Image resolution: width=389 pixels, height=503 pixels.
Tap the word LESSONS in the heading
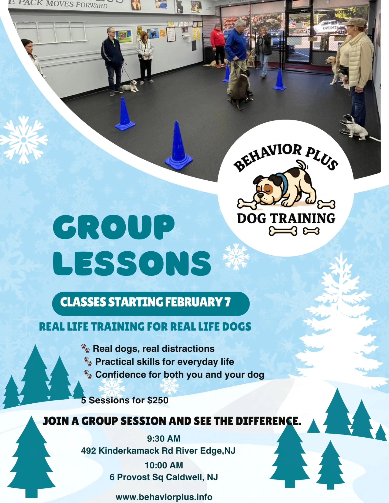(132, 263)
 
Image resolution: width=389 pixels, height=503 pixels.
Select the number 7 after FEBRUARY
(227, 302)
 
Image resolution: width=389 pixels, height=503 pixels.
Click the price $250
(158, 400)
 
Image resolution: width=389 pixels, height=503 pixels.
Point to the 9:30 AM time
(164, 438)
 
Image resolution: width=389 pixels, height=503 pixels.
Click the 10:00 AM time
(164, 465)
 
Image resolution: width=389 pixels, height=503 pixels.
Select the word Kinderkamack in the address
(129, 451)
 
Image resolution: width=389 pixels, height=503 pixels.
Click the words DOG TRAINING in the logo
(286, 218)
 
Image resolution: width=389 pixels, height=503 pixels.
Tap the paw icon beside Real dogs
(85, 348)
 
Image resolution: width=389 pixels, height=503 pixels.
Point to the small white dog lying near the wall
(130, 86)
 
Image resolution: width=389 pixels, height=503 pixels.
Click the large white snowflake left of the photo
(24, 140)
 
